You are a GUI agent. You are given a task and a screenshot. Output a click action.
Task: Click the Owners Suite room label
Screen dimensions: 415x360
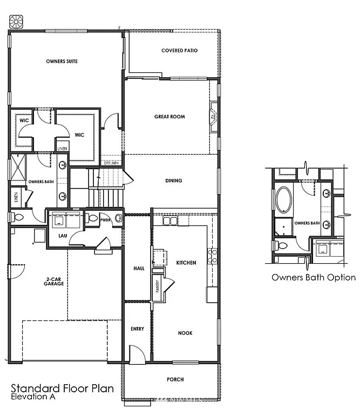(62, 62)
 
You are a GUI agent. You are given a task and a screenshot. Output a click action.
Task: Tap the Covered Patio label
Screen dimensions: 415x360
(179, 51)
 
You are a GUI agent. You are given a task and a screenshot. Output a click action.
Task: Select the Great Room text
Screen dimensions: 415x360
(170, 117)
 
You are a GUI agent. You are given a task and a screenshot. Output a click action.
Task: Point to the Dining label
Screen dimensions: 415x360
(174, 180)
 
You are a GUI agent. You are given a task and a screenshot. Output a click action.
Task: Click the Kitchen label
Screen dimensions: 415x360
(186, 263)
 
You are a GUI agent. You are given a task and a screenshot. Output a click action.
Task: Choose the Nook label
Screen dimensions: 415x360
(185, 333)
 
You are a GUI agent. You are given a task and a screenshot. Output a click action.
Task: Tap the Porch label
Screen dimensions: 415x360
(175, 379)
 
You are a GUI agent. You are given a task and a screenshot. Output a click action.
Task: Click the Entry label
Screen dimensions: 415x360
(137, 329)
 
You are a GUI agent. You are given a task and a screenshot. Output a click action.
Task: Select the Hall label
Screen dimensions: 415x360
(138, 269)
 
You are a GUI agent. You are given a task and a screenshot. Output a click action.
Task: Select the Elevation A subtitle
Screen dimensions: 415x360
(32, 397)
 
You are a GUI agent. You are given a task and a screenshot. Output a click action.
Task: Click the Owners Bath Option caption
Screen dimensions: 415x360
(313, 278)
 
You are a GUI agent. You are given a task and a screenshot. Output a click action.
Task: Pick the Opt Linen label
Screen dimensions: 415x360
(110, 163)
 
